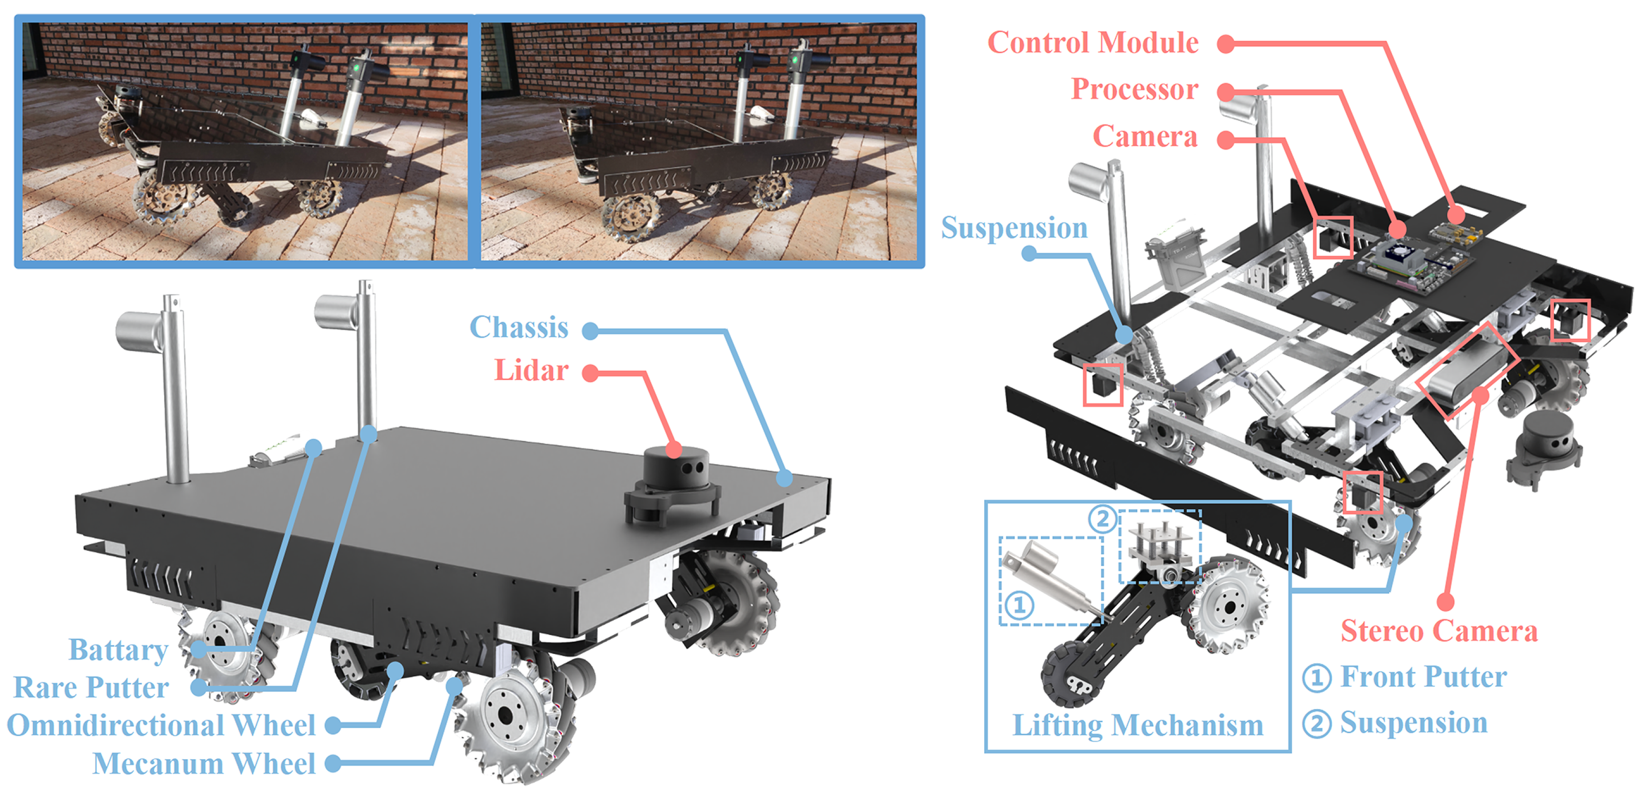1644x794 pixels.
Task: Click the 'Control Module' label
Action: (x=1092, y=43)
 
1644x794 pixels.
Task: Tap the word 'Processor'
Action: (x=1134, y=90)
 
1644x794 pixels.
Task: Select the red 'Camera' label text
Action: (x=1145, y=136)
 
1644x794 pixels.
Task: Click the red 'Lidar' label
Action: (x=531, y=371)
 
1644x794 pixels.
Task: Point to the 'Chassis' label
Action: (x=518, y=327)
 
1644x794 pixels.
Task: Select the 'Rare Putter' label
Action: (x=91, y=687)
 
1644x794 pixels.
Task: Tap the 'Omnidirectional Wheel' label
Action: (x=161, y=725)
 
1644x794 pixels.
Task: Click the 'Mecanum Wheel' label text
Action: (x=204, y=763)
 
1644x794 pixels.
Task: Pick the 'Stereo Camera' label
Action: (x=1439, y=631)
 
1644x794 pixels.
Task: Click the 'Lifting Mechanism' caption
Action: (x=1137, y=725)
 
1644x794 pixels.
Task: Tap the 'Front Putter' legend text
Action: (x=1423, y=676)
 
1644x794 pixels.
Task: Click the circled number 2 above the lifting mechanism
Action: (x=1102, y=518)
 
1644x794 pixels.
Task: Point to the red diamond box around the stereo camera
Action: (x=1467, y=370)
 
